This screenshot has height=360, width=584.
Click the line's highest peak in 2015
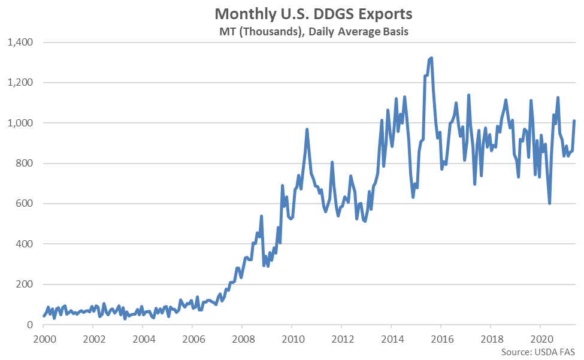click(x=431, y=58)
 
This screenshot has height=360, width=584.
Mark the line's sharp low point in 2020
click(x=549, y=204)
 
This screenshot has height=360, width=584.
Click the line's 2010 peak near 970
click(x=307, y=129)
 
